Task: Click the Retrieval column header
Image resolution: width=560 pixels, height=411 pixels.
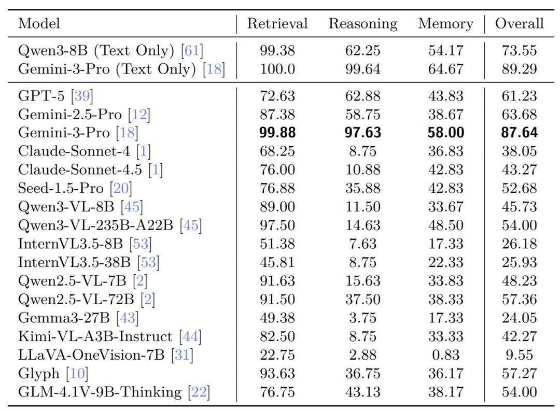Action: (x=277, y=24)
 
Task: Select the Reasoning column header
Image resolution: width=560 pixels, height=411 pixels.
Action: (x=362, y=24)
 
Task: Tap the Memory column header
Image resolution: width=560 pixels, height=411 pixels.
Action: (x=445, y=24)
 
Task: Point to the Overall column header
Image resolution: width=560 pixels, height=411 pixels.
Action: (x=519, y=24)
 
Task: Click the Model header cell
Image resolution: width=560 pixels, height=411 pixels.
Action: (x=39, y=24)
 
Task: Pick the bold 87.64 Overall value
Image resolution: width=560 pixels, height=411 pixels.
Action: (x=519, y=133)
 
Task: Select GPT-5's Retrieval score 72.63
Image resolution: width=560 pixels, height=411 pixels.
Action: (x=277, y=96)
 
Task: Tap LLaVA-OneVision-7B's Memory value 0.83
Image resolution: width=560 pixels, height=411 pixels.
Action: (x=445, y=355)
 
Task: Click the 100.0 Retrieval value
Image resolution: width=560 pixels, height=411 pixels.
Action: (x=277, y=69)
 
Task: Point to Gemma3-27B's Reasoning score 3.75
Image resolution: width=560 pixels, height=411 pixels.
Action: (x=362, y=318)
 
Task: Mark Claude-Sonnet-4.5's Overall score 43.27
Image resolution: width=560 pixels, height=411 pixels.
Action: (x=519, y=169)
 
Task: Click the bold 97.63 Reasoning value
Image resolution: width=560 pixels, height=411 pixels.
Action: (x=362, y=133)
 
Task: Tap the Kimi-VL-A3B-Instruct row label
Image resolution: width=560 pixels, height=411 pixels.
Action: (x=95, y=336)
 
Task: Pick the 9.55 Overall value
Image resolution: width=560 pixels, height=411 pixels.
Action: (x=519, y=355)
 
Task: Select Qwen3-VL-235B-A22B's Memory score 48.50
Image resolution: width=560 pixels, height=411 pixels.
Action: (x=445, y=225)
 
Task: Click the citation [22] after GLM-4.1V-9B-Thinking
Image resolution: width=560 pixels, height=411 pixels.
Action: (x=200, y=392)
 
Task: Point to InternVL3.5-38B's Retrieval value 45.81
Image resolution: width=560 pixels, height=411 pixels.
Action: (x=277, y=262)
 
